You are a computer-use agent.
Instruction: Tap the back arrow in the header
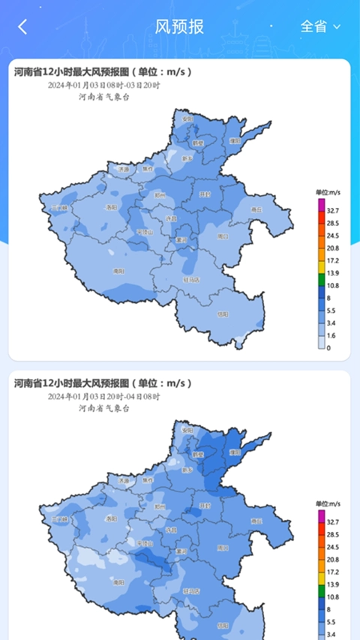(22, 27)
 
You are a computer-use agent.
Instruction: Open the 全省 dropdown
(320, 26)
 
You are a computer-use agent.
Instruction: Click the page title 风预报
(179, 27)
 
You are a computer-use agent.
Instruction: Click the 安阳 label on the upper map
(187, 119)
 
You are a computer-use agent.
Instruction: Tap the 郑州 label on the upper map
(159, 194)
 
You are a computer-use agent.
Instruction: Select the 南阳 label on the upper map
(118, 271)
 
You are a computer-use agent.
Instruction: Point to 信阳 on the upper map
(222, 315)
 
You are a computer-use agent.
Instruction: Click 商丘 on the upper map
(256, 210)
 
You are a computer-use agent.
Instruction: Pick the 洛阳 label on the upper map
(111, 207)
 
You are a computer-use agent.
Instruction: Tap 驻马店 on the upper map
(192, 279)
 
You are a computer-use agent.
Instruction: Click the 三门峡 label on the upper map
(59, 208)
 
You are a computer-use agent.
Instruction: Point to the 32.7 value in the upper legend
(332, 211)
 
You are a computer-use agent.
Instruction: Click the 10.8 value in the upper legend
(332, 286)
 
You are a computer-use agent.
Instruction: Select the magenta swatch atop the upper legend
(321, 204)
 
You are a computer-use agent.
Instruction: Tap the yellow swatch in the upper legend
(321, 266)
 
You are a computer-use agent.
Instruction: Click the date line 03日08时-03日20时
(104, 85)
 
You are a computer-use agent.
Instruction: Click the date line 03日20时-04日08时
(104, 396)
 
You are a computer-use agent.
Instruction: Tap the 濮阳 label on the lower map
(235, 452)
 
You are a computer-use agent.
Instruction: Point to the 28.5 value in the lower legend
(332, 535)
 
